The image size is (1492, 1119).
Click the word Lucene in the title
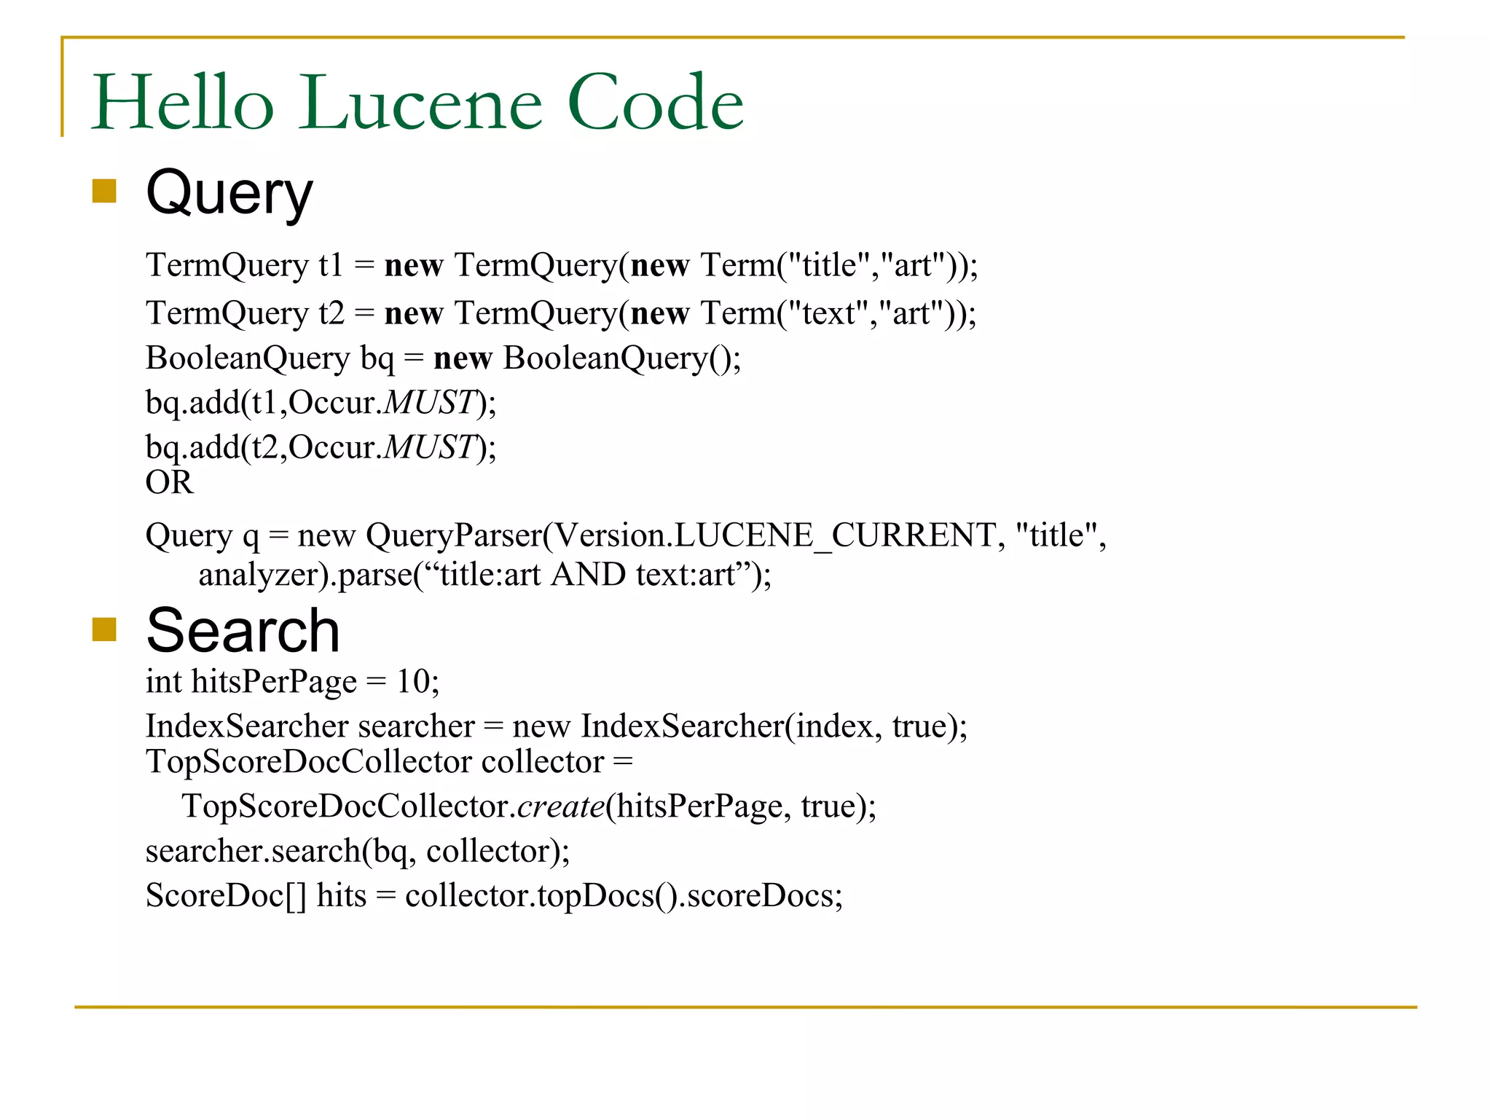(x=421, y=103)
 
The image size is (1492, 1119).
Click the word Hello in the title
(x=183, y=103)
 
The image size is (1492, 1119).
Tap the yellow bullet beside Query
(x=104, y=191)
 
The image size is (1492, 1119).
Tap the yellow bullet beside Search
(x=104, y=629)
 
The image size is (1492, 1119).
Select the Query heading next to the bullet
(x=229, y=194)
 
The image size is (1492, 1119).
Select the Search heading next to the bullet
(x=243, y=631)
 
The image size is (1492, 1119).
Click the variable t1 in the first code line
(x=331, y=265)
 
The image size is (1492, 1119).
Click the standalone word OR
(x=169, y=482)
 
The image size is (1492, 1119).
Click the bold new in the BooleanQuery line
(x=463, y=358)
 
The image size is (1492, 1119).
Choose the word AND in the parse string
(x=589, y=575)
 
